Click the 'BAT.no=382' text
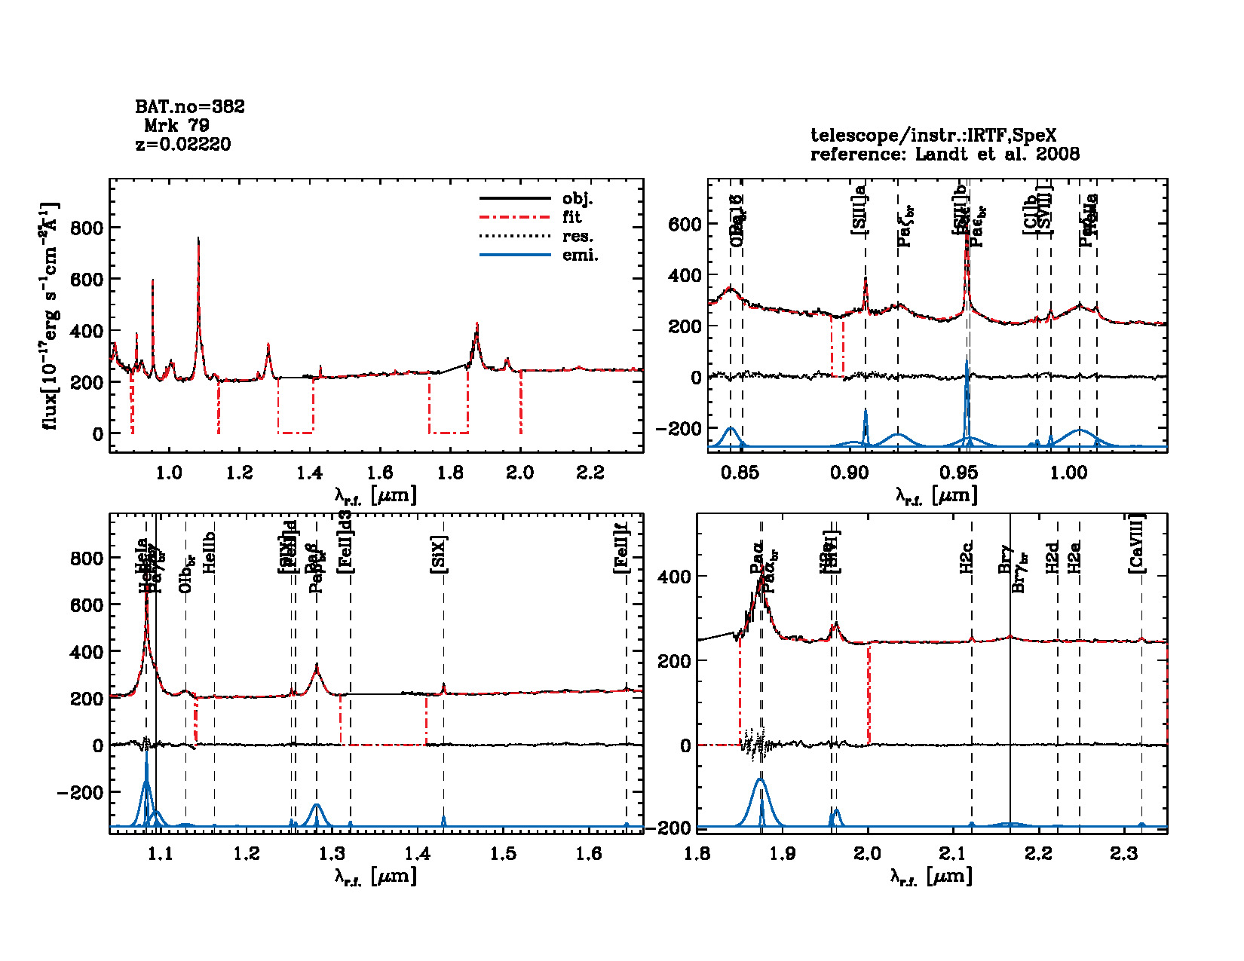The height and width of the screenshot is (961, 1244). pos(190,107)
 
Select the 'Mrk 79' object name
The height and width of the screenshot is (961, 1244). pos(177,126)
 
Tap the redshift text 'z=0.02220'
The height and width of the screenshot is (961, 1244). pos(183,145)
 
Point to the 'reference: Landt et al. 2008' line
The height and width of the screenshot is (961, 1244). pos(945,155)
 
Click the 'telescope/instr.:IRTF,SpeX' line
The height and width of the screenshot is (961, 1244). pos(933,136)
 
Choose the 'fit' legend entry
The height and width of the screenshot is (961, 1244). pos(572,217)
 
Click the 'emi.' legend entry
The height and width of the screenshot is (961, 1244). pos(580,256)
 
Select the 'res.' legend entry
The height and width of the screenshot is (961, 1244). pos(578,237)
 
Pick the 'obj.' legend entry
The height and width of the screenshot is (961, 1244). pos(578,199)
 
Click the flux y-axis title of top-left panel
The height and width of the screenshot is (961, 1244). pos(50,317)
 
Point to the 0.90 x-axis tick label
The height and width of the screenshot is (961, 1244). pos(850,473)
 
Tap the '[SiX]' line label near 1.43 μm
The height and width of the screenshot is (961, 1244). pos(439,555)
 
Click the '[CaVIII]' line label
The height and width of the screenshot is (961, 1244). pos(1137,543)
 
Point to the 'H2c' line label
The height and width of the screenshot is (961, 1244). pos(967,557)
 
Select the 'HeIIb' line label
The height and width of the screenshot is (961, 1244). pos(210,552)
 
